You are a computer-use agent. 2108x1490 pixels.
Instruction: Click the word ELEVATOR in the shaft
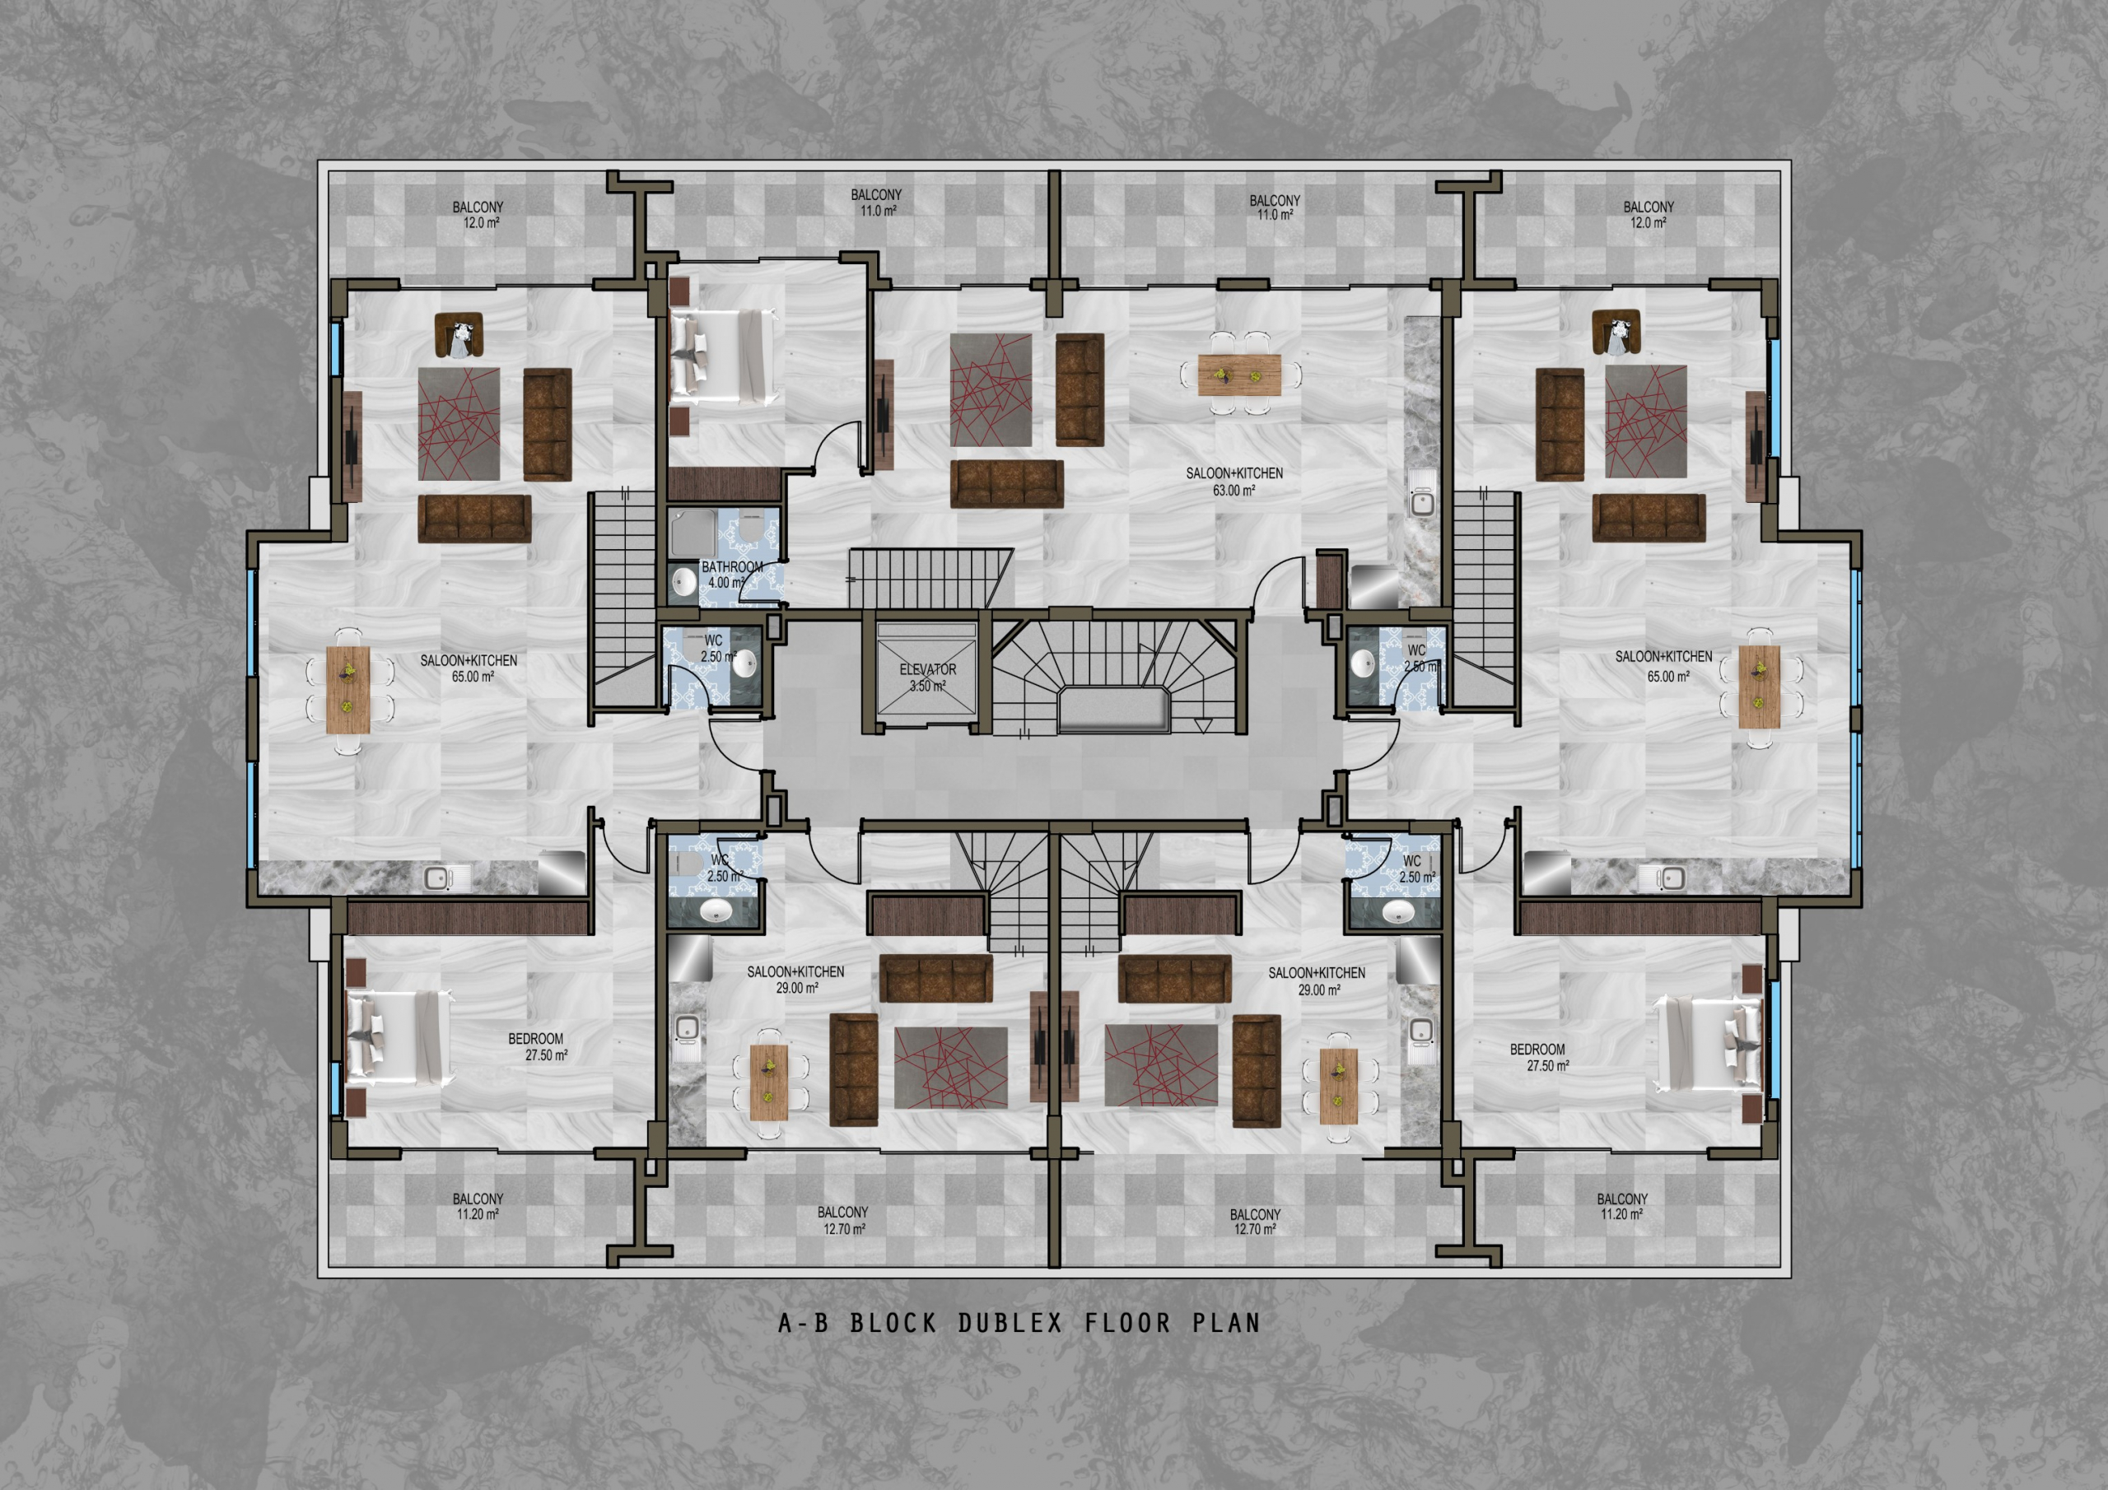pyautogui.click(x=927, y=669)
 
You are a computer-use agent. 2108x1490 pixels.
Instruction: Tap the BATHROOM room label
pyautogui.click(x=732, y=566)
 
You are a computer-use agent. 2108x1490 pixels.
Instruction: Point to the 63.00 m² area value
pyautogui.click(x=1234, y=491)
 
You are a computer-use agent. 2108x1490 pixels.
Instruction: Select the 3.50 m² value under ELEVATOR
pyautogui.click(x=927, y=686)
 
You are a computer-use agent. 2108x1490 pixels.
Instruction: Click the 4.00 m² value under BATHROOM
pyautogui.click(x=726, y=582)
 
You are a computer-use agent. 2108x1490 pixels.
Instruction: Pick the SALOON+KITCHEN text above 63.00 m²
pyautogui.click(x=1234, y=473)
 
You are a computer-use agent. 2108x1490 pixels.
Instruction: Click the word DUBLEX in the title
pyautogui.click(x=1010, y=1323)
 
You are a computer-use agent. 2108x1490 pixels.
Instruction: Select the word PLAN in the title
pyautogui.click(x=1227, y=1323)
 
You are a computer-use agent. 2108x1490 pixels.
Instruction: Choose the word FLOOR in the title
pyautogui.click(x=1128, y=1323)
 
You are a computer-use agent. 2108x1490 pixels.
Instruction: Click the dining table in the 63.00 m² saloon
pyautogui.click(x=1239, y=375)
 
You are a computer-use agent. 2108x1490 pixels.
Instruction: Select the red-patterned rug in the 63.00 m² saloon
pyautogui.click(x=991, y=389)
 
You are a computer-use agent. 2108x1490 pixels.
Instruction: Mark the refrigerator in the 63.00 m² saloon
pyautogui.click(x=1374, y=587)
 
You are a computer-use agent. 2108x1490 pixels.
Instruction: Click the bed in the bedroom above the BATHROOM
pyautogui.click(x=725, y=356)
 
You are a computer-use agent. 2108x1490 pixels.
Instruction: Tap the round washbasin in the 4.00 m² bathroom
pyautogui.click(x=683, y=581)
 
